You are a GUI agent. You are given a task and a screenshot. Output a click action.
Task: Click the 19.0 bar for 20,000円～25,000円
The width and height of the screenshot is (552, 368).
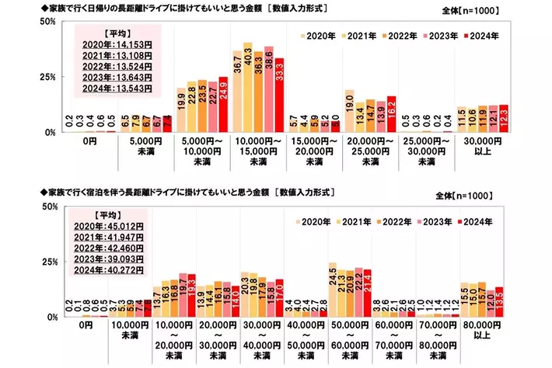pos(349,111)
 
